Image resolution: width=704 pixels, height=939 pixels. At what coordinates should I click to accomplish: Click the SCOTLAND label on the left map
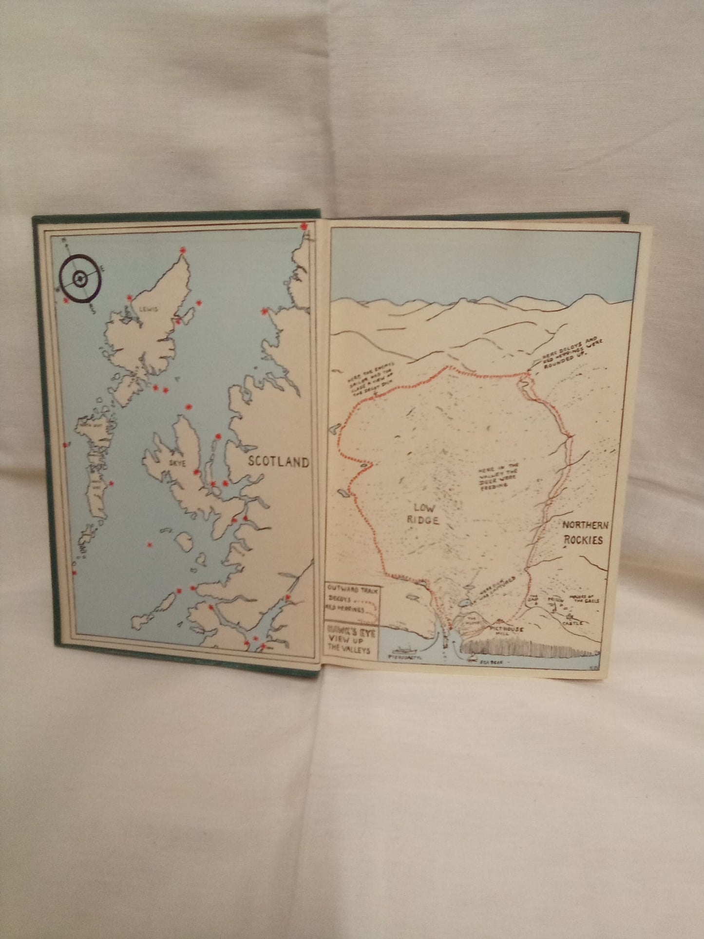click(278, 461)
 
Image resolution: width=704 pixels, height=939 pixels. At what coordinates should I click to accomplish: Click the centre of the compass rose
click(79, 279)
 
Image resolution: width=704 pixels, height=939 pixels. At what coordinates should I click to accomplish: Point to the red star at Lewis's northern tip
click(183, 250)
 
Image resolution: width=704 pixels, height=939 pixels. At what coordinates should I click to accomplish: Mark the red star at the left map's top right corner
click(304, 227)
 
